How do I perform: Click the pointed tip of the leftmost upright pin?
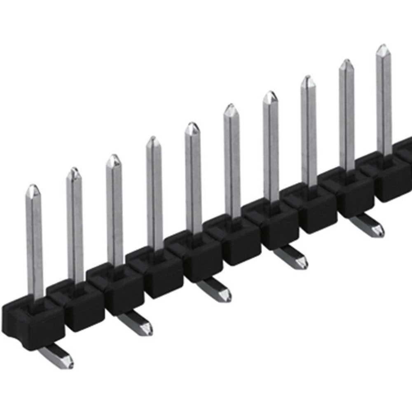click(x=33, y=189)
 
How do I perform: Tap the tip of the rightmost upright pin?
click(x=383, y=48)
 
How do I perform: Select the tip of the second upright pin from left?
click(x=73, y=172)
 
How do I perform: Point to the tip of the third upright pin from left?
click(x=113, y=159)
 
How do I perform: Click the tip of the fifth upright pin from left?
click(x=192, y=126)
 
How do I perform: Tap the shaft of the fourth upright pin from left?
click(x=154, y=198)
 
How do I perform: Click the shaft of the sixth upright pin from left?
click(x=232, y=165)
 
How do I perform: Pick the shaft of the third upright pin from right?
click(x=309, y=132)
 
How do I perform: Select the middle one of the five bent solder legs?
click(x=214, y=290)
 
